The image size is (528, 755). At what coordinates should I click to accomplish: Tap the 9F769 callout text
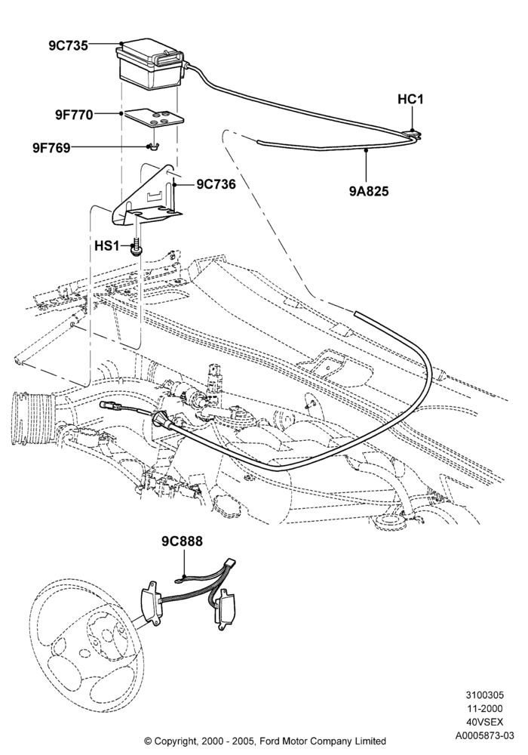coord(51,147)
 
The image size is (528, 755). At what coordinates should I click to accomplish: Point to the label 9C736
coord(216,184)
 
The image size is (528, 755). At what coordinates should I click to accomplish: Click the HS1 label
coord(106,245)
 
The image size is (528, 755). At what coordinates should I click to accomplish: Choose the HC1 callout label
coord(410,99)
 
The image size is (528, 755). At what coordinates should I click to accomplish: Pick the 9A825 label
coord(369,191)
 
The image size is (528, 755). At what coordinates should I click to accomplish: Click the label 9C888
coord(182,541)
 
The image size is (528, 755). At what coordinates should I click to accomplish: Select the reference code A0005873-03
coord(485,735)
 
